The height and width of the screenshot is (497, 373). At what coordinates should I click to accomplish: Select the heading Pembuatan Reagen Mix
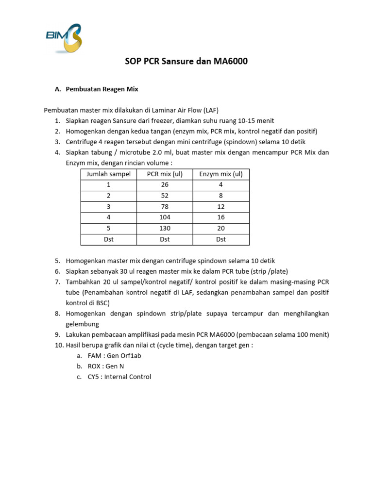click(x=102, y=89)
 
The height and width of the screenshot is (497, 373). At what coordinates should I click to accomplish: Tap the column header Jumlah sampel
click(x=108, y=174)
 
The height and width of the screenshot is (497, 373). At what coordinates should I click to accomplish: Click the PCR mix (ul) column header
click(x=165, y=174)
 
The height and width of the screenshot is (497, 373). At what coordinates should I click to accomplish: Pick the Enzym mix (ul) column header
click(x=221, y=174)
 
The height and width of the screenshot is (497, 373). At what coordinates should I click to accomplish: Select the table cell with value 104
click(x=165, y=217)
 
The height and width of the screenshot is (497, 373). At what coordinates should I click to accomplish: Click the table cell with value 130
click(x=165, y=228)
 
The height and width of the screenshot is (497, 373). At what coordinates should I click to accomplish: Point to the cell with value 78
click(x=165, y=206)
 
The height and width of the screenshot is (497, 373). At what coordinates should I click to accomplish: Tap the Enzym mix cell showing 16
click(x=221, y=217)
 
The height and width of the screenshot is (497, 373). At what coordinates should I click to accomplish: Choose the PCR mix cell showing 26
click(x=165, y=184)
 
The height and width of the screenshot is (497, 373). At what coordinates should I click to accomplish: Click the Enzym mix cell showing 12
click(x=221, y=206)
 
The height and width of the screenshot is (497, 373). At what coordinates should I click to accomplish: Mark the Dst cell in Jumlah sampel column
click(x=108, y=239)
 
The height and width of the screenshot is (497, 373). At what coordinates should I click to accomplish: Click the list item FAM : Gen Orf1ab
click(x=115, y=355)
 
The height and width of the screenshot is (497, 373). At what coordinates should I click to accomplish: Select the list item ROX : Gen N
click(x=106, y=366)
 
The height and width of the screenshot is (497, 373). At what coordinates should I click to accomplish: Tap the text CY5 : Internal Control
click(x=119, y=377)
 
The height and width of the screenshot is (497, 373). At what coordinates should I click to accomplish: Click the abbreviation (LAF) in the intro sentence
click(x=216, y=110)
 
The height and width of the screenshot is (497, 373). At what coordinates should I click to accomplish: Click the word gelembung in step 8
click(x=82, y=324)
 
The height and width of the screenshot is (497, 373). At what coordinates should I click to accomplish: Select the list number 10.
click(x=58, y=345)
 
